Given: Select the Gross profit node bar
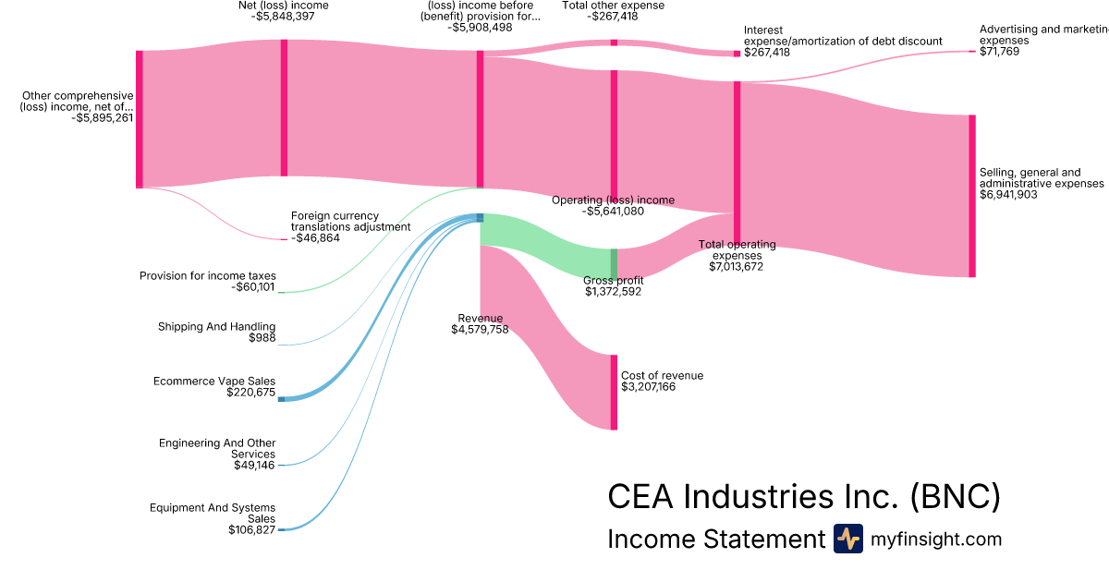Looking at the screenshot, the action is coord(614,263).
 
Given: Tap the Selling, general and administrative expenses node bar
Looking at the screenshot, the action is coord(971,196).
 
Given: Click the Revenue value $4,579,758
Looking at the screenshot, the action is coord(480,330).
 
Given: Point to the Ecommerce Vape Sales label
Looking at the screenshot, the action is coord(213,381).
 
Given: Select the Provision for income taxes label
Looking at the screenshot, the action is coord(207,275).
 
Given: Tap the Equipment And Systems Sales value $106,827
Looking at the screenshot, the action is coord(251,529).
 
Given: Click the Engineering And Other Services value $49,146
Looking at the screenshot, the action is coord(254,465).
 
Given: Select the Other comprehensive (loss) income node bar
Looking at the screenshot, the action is coord(140,119).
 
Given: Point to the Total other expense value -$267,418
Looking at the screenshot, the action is coord(613,17).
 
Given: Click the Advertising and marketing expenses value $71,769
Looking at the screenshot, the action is coord(999,52).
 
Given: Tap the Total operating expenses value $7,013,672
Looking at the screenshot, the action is coord(737,266).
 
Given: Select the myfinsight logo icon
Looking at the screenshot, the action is coord(847,539).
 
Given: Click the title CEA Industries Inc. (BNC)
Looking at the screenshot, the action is coord(803,496).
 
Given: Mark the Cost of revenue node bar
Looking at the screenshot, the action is coord(614,392).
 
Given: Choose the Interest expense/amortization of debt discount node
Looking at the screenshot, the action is coord(737,54).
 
